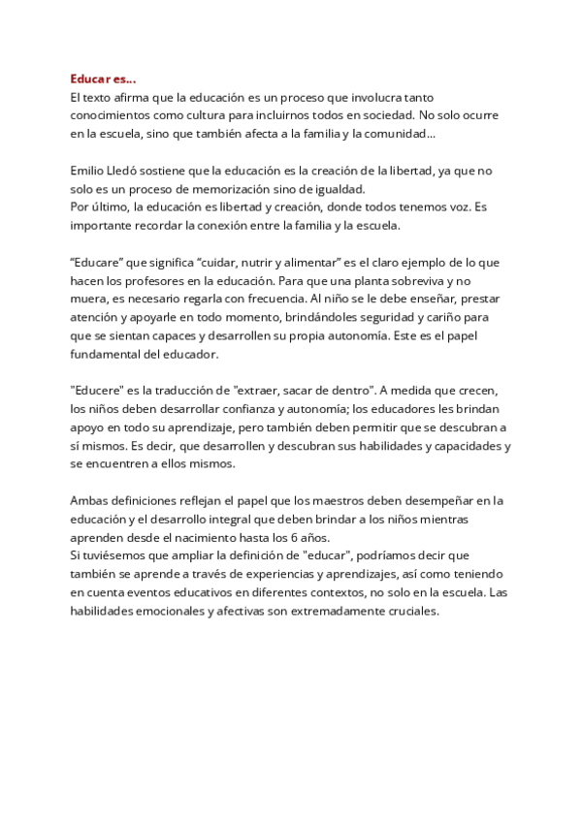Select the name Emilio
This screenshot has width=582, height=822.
[x=88, y=171]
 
